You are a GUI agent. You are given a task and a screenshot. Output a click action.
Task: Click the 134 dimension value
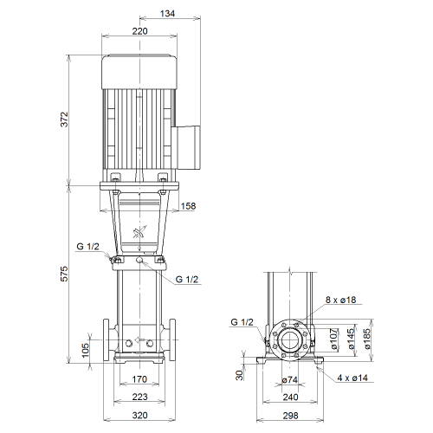tap(168, 14)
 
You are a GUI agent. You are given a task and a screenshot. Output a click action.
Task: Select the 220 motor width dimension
tap(140, 31)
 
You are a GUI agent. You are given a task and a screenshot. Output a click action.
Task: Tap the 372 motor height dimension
tap(64, 119)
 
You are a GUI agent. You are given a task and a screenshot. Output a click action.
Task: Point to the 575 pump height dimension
tap(64, 274)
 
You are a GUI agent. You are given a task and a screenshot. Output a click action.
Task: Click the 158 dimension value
tap(188, 206)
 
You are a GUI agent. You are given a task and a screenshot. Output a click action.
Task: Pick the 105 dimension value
tap(86, 350)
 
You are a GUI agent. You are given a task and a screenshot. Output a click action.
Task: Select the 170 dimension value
tap(139, 379)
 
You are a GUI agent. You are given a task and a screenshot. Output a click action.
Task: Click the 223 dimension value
tap(140, 397)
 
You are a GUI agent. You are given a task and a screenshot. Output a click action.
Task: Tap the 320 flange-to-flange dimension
tap(140, 416)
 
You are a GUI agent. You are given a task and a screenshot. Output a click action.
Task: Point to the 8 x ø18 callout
tap(341, 300)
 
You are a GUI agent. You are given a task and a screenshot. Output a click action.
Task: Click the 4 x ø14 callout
tap(352, 378)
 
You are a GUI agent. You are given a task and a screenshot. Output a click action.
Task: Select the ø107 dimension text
tap(334, 339)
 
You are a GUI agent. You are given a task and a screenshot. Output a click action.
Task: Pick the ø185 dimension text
tap(367, 339)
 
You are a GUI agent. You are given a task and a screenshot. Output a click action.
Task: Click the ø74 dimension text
tap(290, 380)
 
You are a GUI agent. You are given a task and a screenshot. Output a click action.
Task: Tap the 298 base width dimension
tap(290, 416)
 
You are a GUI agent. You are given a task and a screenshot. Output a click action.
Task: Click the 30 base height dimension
tap(240, 375)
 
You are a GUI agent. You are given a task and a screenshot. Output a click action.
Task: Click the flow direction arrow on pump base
tap(140, 339)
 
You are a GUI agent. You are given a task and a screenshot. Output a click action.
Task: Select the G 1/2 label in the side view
tap(242, 322)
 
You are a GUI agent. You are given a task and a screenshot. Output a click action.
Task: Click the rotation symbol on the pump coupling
tap(139, 232)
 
